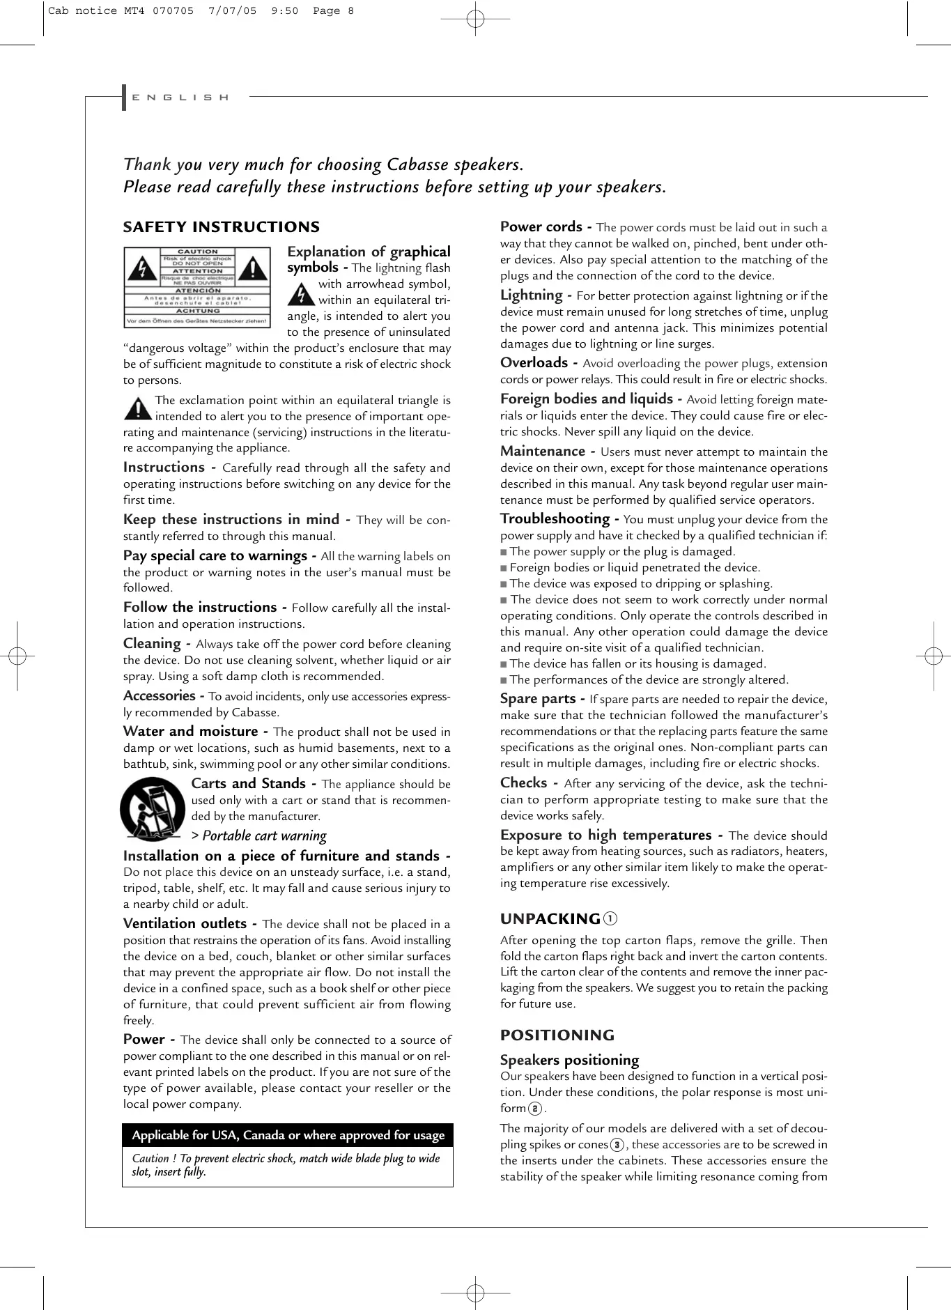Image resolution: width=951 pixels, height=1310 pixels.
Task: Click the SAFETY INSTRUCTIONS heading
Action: (221, 227)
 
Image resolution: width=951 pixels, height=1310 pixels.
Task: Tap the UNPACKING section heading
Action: (550, 919)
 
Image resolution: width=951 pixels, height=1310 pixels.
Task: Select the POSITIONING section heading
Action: (557, 1035)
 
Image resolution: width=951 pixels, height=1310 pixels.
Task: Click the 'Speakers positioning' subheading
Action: (569, 1060)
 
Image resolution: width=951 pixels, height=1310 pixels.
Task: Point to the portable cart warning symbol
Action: (153, 809)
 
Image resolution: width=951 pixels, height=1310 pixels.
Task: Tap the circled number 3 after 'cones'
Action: (617, 1145)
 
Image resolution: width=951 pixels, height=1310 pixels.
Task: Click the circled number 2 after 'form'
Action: (535, 1109)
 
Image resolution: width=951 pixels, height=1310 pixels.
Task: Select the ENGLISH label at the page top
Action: (180, 98)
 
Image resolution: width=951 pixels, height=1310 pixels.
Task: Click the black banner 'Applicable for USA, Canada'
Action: (288, 1135)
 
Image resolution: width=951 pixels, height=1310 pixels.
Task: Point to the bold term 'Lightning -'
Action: (536, 295)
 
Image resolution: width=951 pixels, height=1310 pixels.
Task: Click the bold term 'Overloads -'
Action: (539, 363)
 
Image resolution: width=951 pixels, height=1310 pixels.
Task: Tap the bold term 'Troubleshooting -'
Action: (559, 519)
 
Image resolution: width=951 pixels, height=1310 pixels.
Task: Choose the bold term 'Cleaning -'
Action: (157, 644)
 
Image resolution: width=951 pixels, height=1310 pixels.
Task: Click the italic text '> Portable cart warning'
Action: (258, 835)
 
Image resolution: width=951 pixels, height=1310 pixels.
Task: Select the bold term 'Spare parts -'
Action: (542, 699)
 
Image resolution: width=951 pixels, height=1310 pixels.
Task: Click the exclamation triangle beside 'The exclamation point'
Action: (137, 408)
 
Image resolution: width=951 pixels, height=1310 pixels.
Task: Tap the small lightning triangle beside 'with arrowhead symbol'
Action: (301, 293)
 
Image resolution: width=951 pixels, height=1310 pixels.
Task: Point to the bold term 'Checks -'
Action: (529, 783)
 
